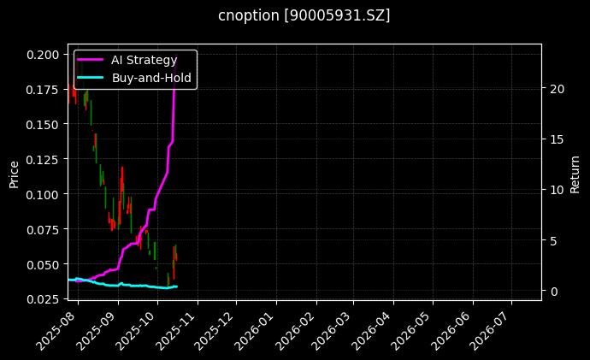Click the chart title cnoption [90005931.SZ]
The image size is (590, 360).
coord(304,15)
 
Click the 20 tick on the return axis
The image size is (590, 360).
coord(557,89)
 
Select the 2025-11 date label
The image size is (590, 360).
coord(179,328)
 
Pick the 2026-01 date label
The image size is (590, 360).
coord(257,328)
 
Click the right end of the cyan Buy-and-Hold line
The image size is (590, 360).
coord(176,286)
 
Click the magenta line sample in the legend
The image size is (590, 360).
coord(91,60)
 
